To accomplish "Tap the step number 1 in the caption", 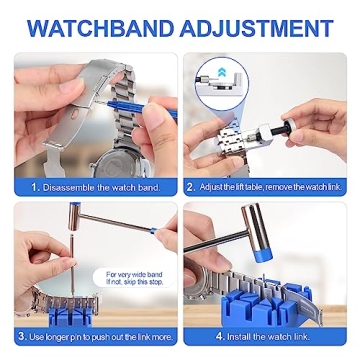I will pos(33,186).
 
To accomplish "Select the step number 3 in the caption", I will pos(22,336).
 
